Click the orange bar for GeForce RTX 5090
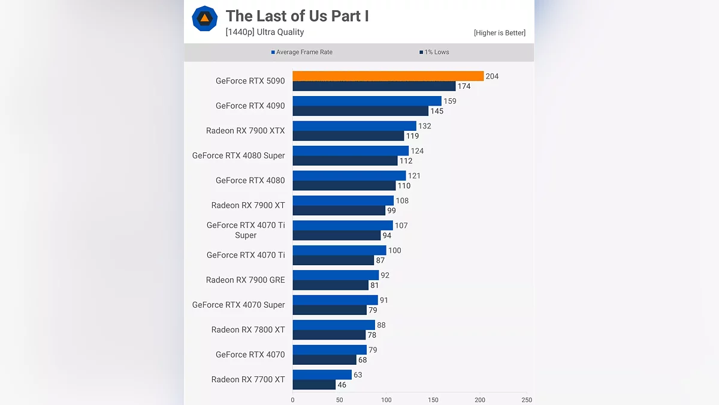point(388,76)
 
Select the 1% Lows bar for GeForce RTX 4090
point(360,111)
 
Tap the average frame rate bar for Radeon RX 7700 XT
point(322,375)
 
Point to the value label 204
point(492,76)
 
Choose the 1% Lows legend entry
point(434,52)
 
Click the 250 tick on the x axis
point(527,400)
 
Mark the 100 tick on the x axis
point(386,400)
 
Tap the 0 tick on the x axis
point(292,400)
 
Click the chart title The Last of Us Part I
point(297,16)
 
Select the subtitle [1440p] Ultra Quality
point(264,32)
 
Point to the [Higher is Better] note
point(499,33)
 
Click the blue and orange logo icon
point(204,19)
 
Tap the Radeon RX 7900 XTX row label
point(245,131)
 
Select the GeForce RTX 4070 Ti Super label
point(246,230)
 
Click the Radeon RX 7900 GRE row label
point(245,280)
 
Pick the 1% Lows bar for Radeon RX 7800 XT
point(329,335)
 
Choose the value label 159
point(450,101)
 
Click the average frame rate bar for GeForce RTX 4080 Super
point(351,151)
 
